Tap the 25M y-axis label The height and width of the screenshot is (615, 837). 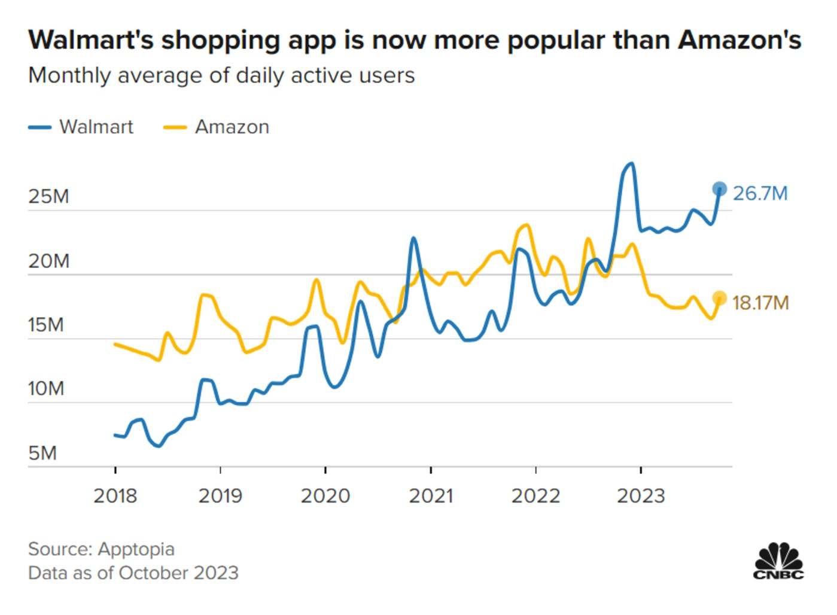[x=48, y=196]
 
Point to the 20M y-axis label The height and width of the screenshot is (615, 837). [x=48, y=261]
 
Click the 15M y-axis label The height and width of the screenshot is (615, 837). [x=46, y=325]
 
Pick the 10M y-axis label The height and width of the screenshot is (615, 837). [x=46, y=389]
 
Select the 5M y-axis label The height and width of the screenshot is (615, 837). [x=42, y=453]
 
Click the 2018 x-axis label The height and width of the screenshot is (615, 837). [x=115, y=495]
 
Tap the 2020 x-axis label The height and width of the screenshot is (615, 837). [x=325, y=495]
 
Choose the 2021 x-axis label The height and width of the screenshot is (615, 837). [x=430, y=495]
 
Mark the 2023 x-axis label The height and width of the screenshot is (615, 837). [x=641, y=495]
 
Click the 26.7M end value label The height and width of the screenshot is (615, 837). [x=760, y=193]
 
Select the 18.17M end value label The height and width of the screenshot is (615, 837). [x=760, y=303]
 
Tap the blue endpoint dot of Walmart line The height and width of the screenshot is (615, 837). [x=719, y=190]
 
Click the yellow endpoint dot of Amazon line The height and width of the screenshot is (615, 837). [x=719, y=298]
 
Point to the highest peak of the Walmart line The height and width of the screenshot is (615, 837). [x=630, y=163]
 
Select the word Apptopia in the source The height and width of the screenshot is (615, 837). [x=136, y=549]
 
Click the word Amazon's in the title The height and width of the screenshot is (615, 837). [x=739, y=40]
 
